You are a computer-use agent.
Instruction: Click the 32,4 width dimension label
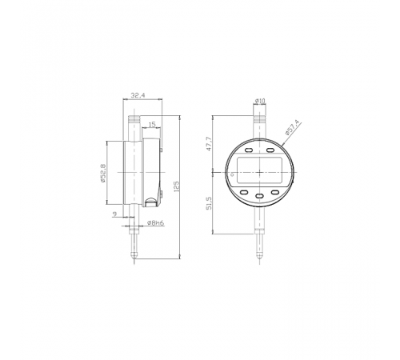[138, 95]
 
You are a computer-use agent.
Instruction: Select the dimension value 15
[152, 124]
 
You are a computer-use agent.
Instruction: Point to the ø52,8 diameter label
[103, 173]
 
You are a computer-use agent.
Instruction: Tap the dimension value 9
[115, 214]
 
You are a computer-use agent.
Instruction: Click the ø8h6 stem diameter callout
[155, 222]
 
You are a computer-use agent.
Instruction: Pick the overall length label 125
[176, 186]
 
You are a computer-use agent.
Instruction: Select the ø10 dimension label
[260, 101]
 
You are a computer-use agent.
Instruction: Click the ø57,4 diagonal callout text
[292, 128]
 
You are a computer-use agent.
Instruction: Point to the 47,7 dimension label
[209, 144]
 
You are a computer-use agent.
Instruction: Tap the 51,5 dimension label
[209, 203]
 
